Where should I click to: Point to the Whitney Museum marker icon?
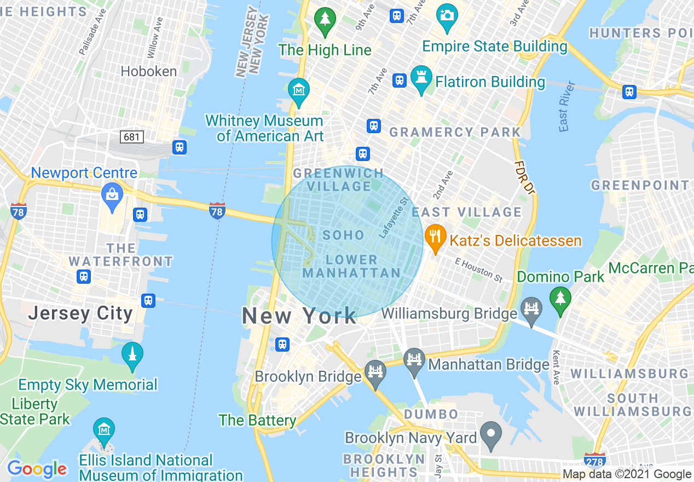tap(299, 90)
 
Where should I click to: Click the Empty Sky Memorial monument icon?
tap(132, 354)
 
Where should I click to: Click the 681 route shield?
tap(132, 137)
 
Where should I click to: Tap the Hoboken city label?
tap(148, 71)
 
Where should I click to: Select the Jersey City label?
tap(80, 313)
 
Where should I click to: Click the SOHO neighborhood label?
tap(343, 236)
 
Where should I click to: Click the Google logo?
tap(37, 469)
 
